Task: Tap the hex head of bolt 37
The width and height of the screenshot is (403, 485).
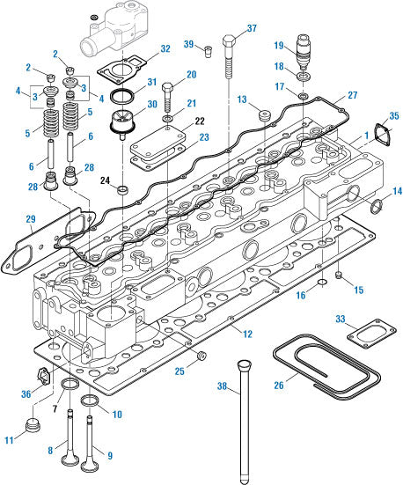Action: click(x=229, y=40)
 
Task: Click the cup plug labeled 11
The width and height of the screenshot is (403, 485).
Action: click(x=33, y=429)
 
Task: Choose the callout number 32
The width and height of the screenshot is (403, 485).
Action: click(x=165, y=49)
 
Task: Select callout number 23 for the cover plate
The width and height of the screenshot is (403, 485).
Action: click(x=203, y=137)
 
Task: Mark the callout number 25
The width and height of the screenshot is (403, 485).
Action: click(x=180, y=371)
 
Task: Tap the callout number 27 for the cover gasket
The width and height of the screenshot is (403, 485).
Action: click(x=352, y=94)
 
